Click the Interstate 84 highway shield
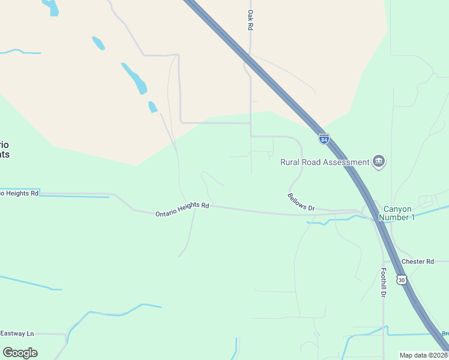click(x=324, y=139)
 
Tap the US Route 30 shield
click(x=402, y=280)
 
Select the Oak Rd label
click(x=250, y=20)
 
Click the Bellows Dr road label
click(x=301, y=202)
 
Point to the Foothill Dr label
click(x=383, y=282)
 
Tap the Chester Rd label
click(x=417, y=262)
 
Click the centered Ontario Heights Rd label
click(x=182, y=209)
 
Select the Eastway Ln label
click(x=17, y=333)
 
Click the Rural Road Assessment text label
click(x=325, y=162)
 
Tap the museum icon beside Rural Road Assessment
click(x=379, y=161)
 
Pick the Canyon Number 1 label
click(x=399, y=213)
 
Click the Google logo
click(x=20, y=352)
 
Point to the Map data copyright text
click(x=423, y=355)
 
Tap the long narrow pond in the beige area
click(x=134, y=78)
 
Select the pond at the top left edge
click(x=52, y=7)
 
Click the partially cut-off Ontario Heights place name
click(x=5, y=149)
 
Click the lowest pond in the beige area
click(x=152, y=107)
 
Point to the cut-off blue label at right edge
click(x=445, y=334)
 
